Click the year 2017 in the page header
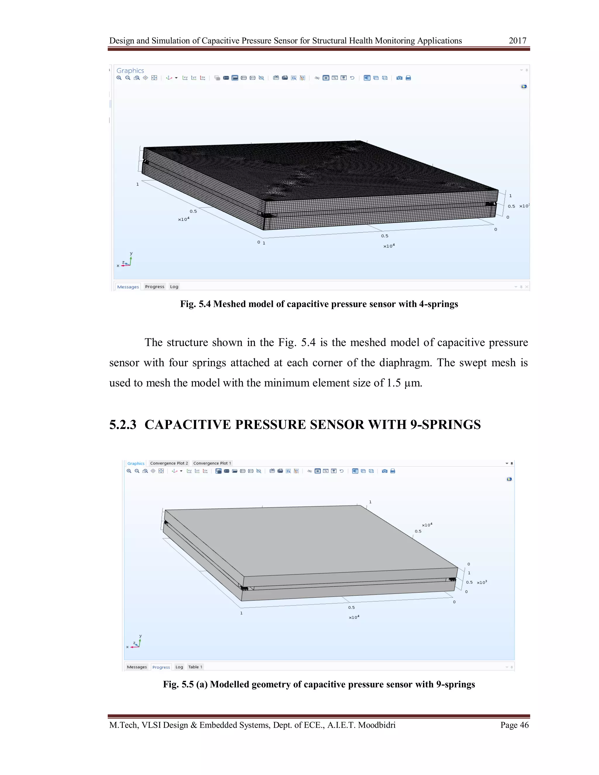coord(517,41)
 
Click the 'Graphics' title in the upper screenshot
coord(130,70)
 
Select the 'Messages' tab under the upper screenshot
coord(128,287)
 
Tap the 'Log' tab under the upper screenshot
coord(174,287)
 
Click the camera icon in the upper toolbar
coord(399,78)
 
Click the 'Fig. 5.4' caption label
coord(195,304)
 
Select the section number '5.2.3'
coord(123,425)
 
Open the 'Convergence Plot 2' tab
coord(169,463)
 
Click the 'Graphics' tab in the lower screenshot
coord(136,464)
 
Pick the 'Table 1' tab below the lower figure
coord(195,667)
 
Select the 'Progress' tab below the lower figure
coord(161,667)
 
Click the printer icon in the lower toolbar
coord(393,471)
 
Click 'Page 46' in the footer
coord(514,725)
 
